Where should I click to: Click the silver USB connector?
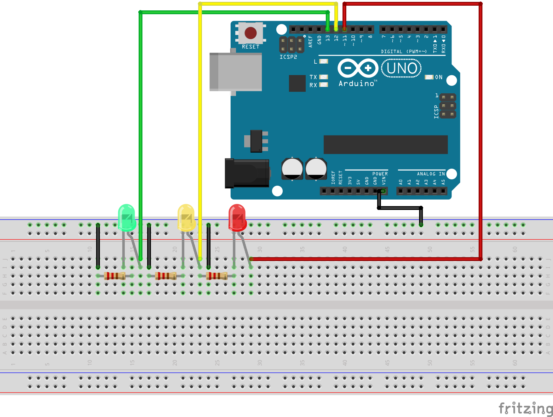click(236, 72)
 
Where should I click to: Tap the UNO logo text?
click(401, 68)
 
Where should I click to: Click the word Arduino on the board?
click(356, 84)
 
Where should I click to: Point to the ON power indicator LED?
click(429, 77)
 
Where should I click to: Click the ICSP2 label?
click(288, 57)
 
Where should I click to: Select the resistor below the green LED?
click(115, 276)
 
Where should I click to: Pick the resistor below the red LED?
click(217, 276)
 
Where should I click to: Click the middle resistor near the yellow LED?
click(166, 276)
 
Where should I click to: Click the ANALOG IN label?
click(431, 174)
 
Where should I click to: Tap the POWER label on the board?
click(380, 174)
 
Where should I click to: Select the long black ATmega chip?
click(385, 145)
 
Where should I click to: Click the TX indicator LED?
click(324, 77)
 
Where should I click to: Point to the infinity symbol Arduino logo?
click(358, 68)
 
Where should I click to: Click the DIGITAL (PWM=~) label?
click(404, 51)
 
